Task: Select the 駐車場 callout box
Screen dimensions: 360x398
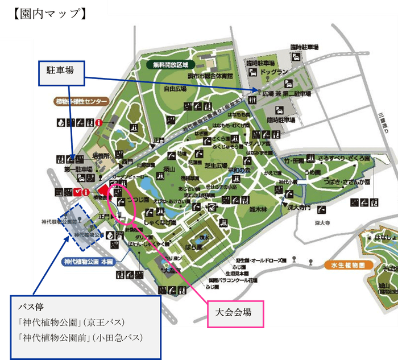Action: [x=61, y=72]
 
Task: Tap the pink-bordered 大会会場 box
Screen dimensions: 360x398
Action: [x=234, y=312]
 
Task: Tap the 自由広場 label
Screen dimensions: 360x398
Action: [x=176, y=89]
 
